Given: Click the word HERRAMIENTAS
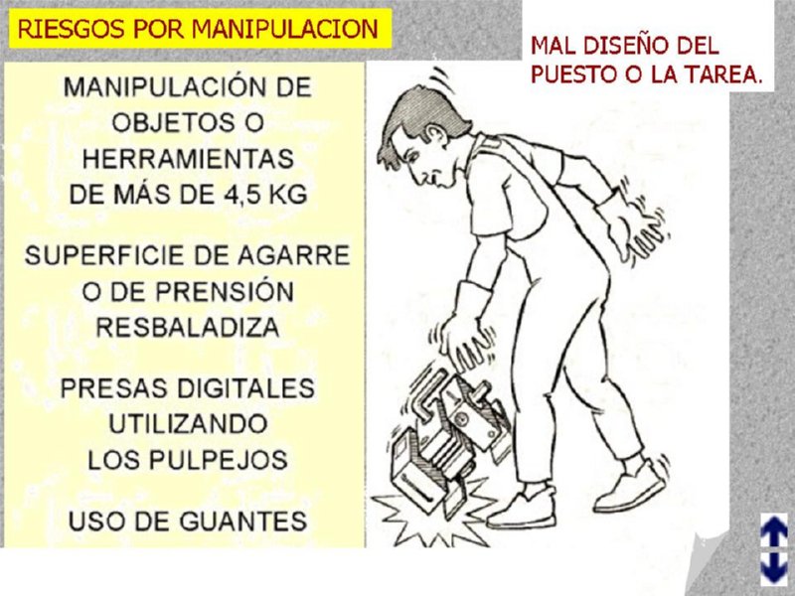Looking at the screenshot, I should click(x=188, y=159).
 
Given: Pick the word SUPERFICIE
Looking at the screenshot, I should click(x=108, y=255).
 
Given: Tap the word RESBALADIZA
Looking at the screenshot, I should click(x=188, y=327).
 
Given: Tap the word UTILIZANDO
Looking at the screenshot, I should click(x=188, y=424).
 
